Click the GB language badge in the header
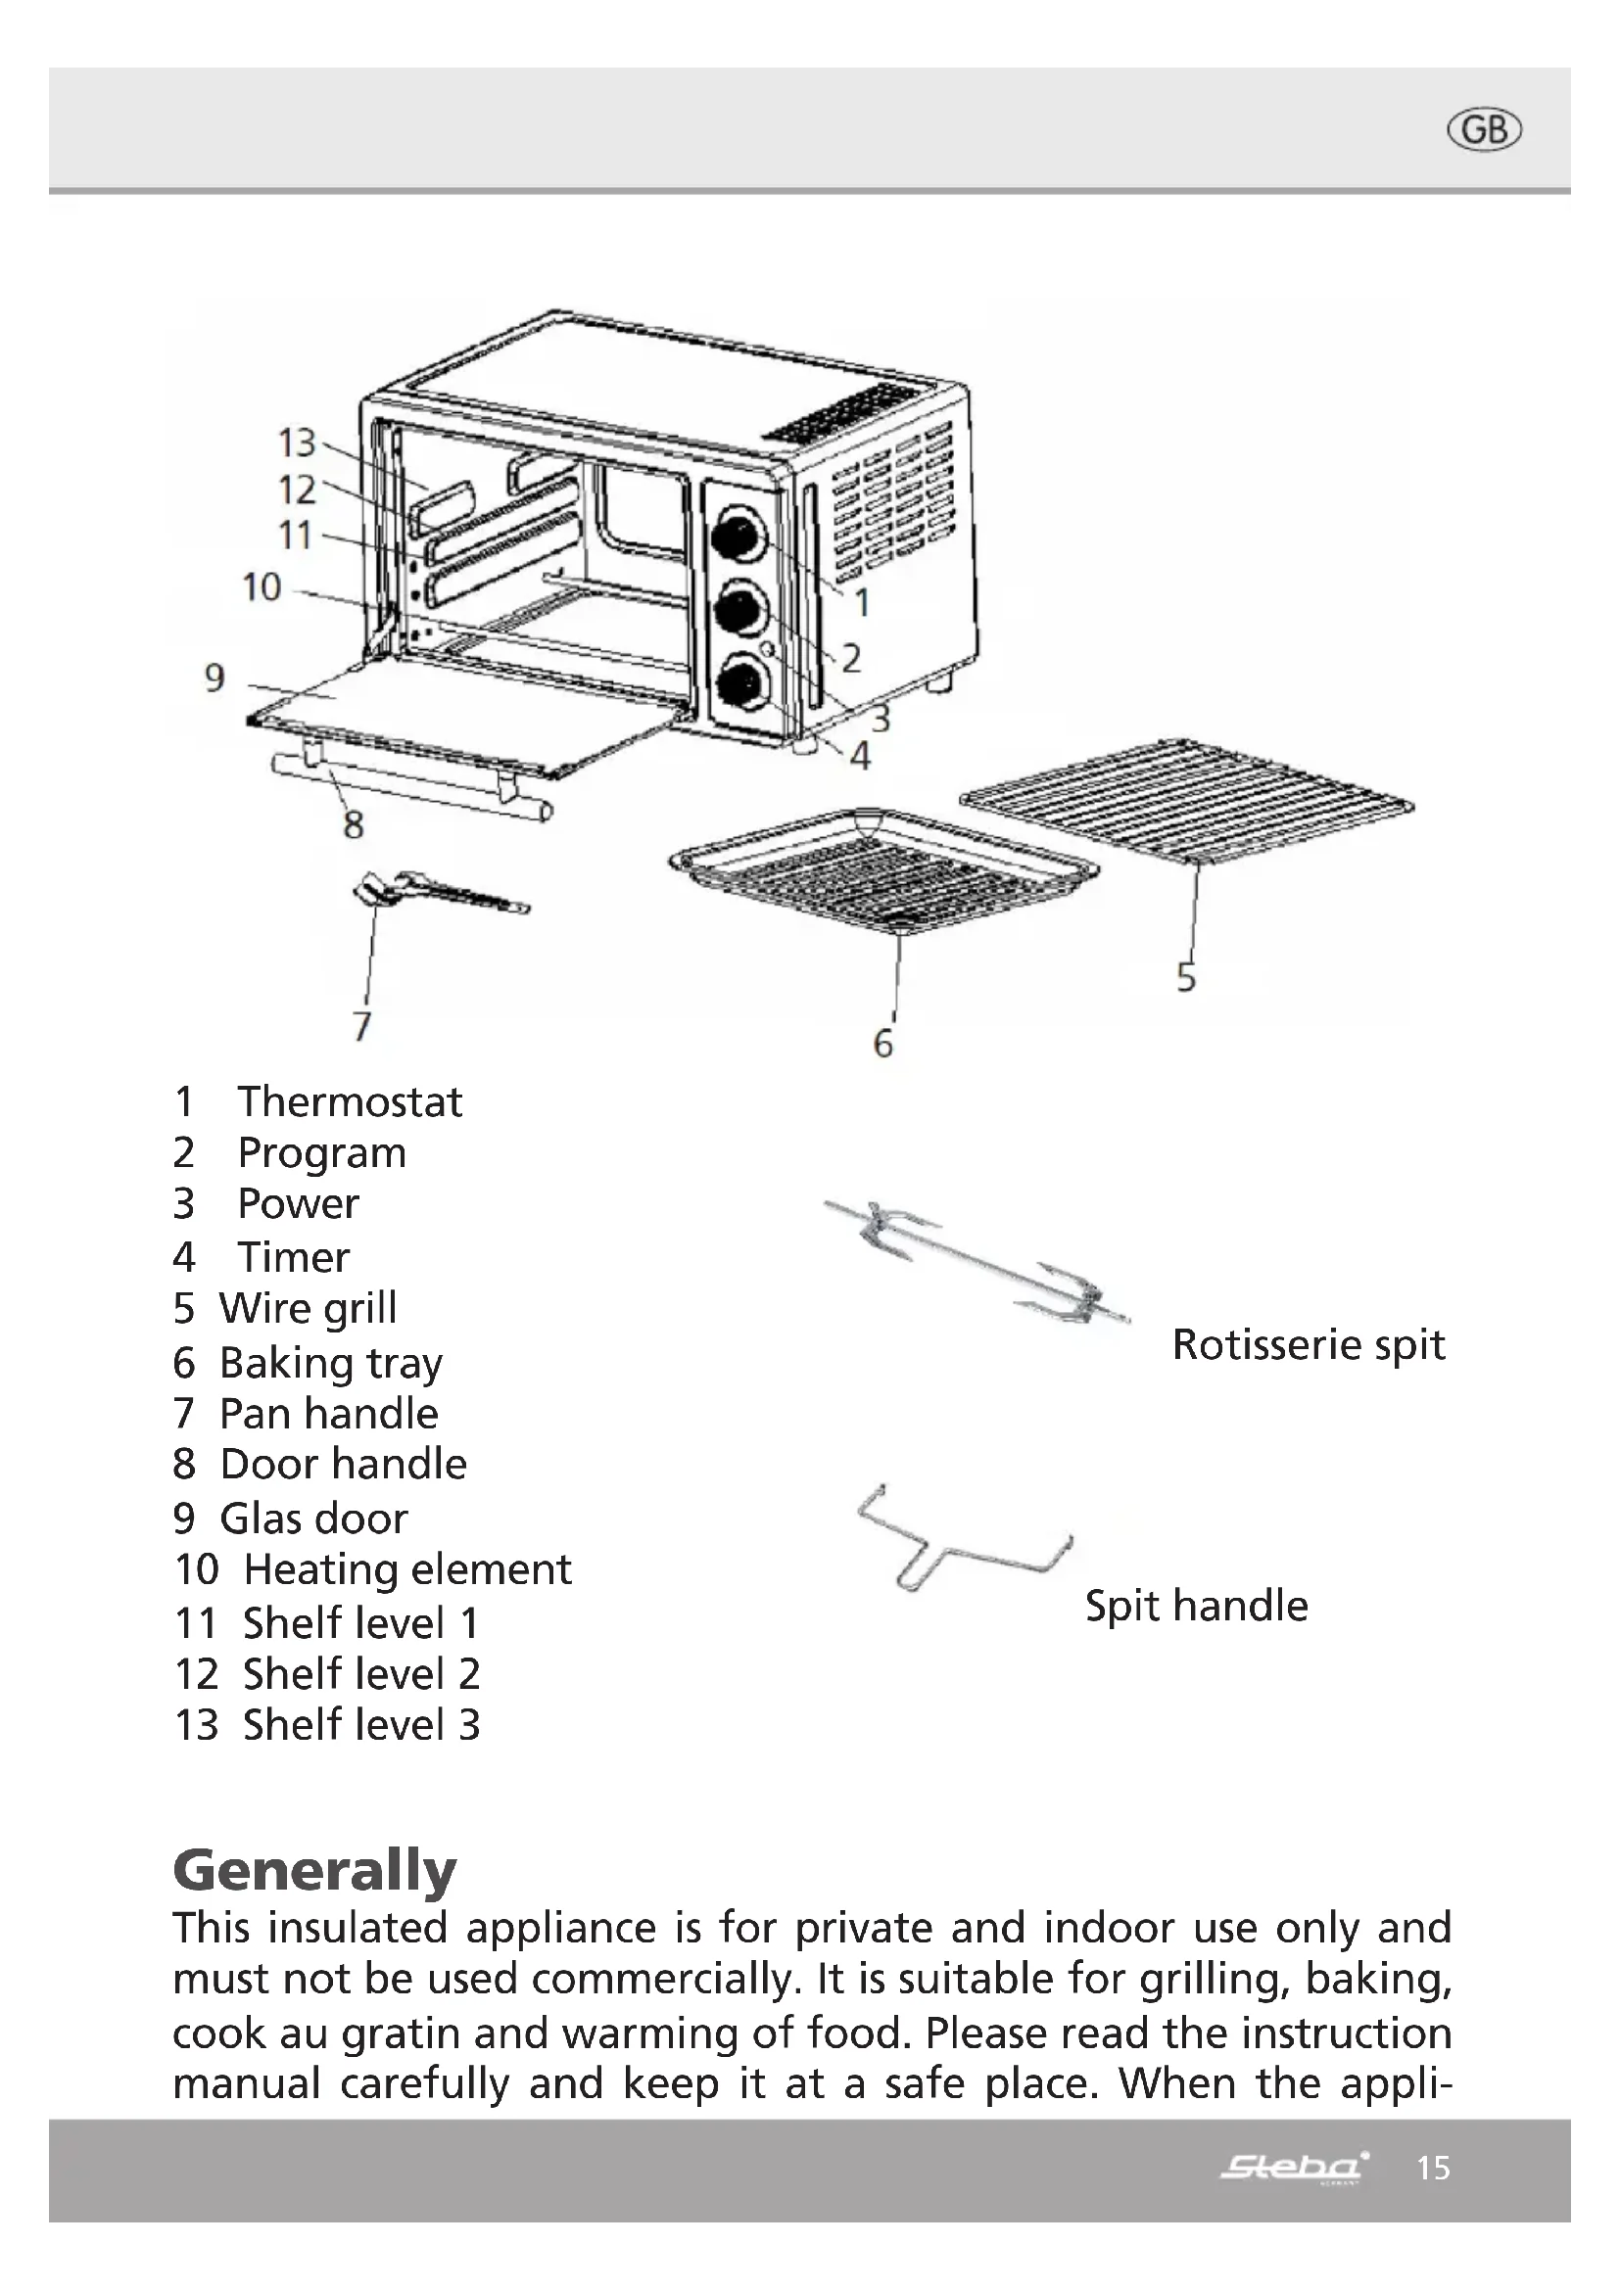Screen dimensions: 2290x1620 click(x=1483, y=130)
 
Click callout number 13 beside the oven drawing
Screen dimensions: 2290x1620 click(x=296, y=442)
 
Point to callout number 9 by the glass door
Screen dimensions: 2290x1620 click(x=214, y=678)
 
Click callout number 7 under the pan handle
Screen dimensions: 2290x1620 click(x=362, y=1025)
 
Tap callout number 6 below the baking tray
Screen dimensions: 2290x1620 click(x=882, y=1045)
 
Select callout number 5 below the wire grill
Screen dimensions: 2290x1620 click(x=1185, y=977)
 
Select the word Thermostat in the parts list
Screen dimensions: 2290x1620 click(x=349, y=1102)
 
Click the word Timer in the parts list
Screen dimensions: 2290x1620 click(x=293, y=1257)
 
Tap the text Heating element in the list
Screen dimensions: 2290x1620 click(x=407, y=1568)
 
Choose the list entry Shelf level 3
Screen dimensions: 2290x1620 click(x=361, y=1724)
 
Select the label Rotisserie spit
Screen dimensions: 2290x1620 click(x=1308, y=1344)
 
